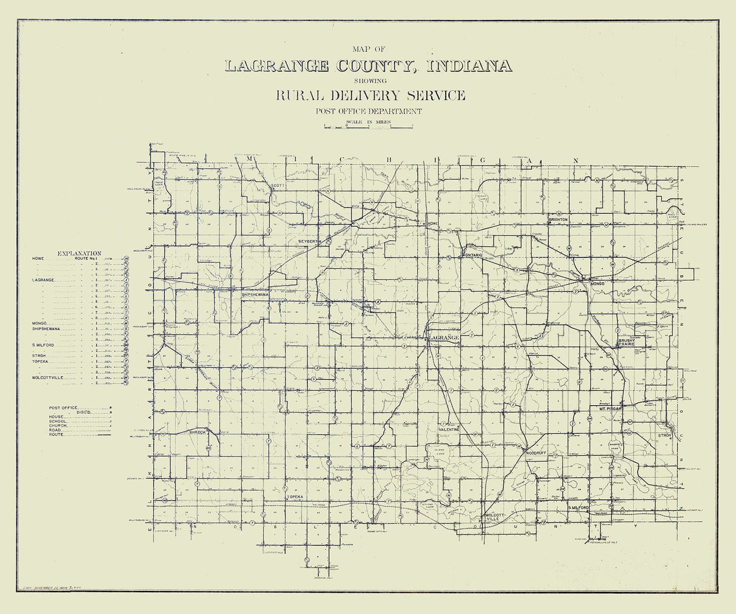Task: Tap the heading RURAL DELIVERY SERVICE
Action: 370,95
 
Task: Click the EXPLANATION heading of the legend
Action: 79,252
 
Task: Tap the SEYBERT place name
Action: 307,241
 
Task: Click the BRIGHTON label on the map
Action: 558,219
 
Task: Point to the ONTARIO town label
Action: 473,255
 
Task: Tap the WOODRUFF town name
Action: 537,453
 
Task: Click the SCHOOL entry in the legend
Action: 58,422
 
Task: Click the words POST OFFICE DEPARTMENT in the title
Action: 368,110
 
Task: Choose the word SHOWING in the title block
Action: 367,80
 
